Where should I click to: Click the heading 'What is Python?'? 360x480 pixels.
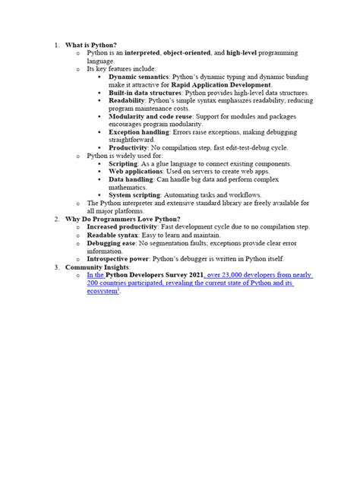pos(90,45)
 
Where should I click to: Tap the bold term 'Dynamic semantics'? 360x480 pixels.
pos(138,77)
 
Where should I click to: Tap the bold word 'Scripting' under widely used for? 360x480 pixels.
pos(123,163)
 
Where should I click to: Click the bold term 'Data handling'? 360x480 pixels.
pos(131,179)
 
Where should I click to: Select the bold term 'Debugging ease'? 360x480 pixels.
pos(112,242)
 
